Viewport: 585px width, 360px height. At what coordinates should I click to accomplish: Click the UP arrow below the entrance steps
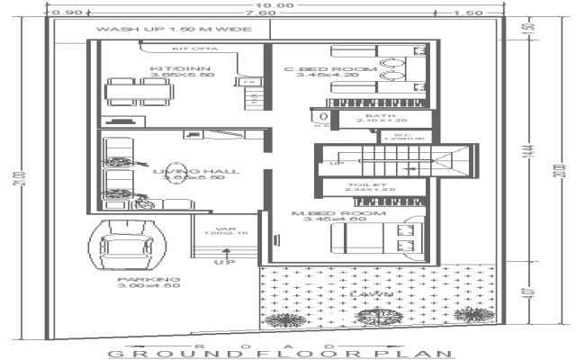pos(219,262)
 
